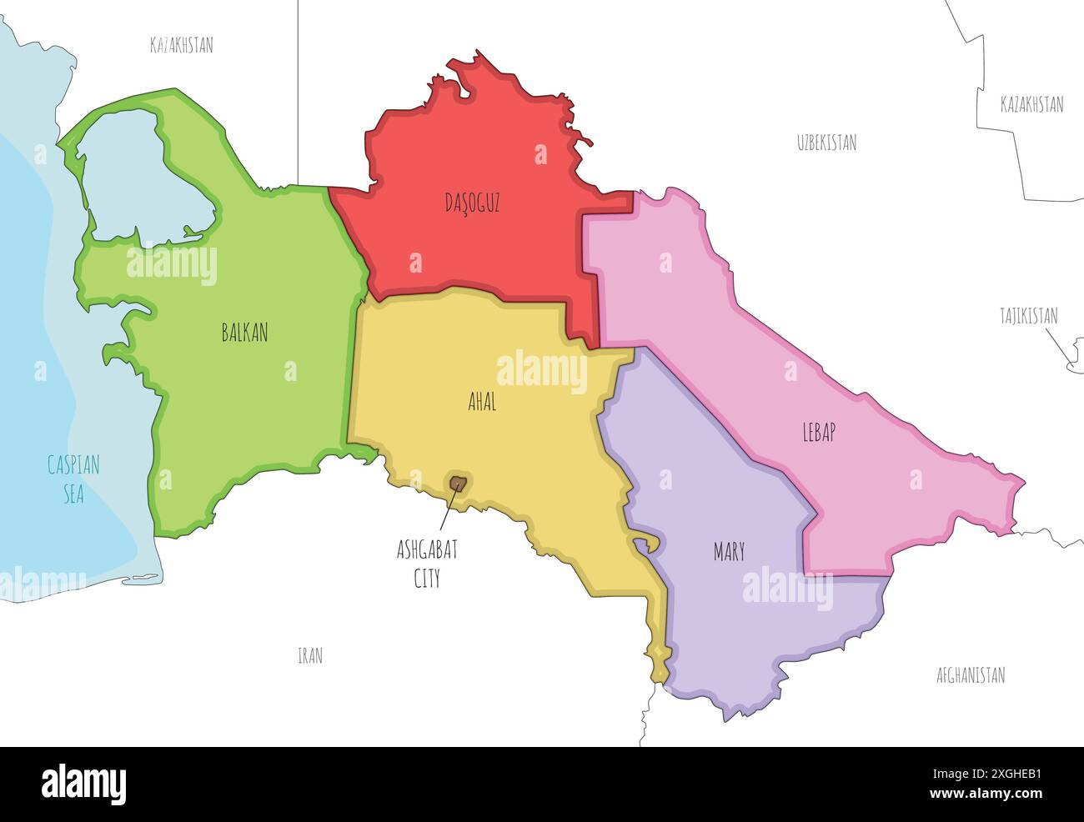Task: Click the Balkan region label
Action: [x=244, y=333]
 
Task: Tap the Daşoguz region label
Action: [x=472, y=203]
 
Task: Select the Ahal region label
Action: [x=482, y=402]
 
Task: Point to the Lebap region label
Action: [x=818, y=432]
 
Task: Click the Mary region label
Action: [x=729, y=552]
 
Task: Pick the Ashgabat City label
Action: [x=427, y=564]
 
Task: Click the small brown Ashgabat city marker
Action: [x=457, y=482]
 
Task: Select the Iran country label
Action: [x=309, y=656]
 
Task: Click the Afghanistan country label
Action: [x=971, y=675]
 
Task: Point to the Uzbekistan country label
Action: [x=826, y=143]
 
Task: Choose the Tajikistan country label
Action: [x=1029, y=316]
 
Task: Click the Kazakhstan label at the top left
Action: [x=181, y=45]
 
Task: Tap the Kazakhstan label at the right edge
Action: [x=1031, y=104]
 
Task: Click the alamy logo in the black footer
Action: [x=83, y=784]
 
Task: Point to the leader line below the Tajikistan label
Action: [x=1057, y=346]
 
